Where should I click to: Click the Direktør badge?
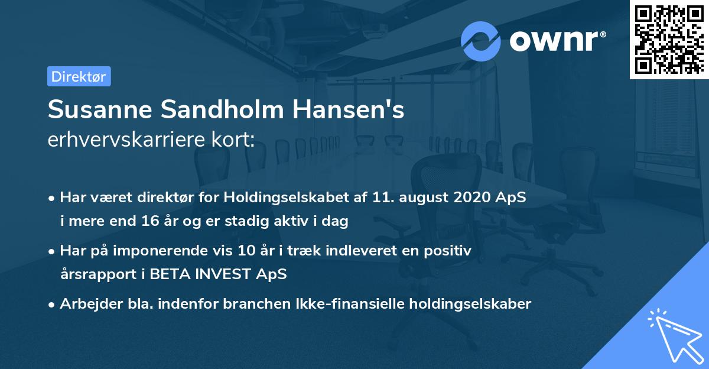coord(79,76)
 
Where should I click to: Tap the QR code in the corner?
coord(669,39)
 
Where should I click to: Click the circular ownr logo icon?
coord(481,41)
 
